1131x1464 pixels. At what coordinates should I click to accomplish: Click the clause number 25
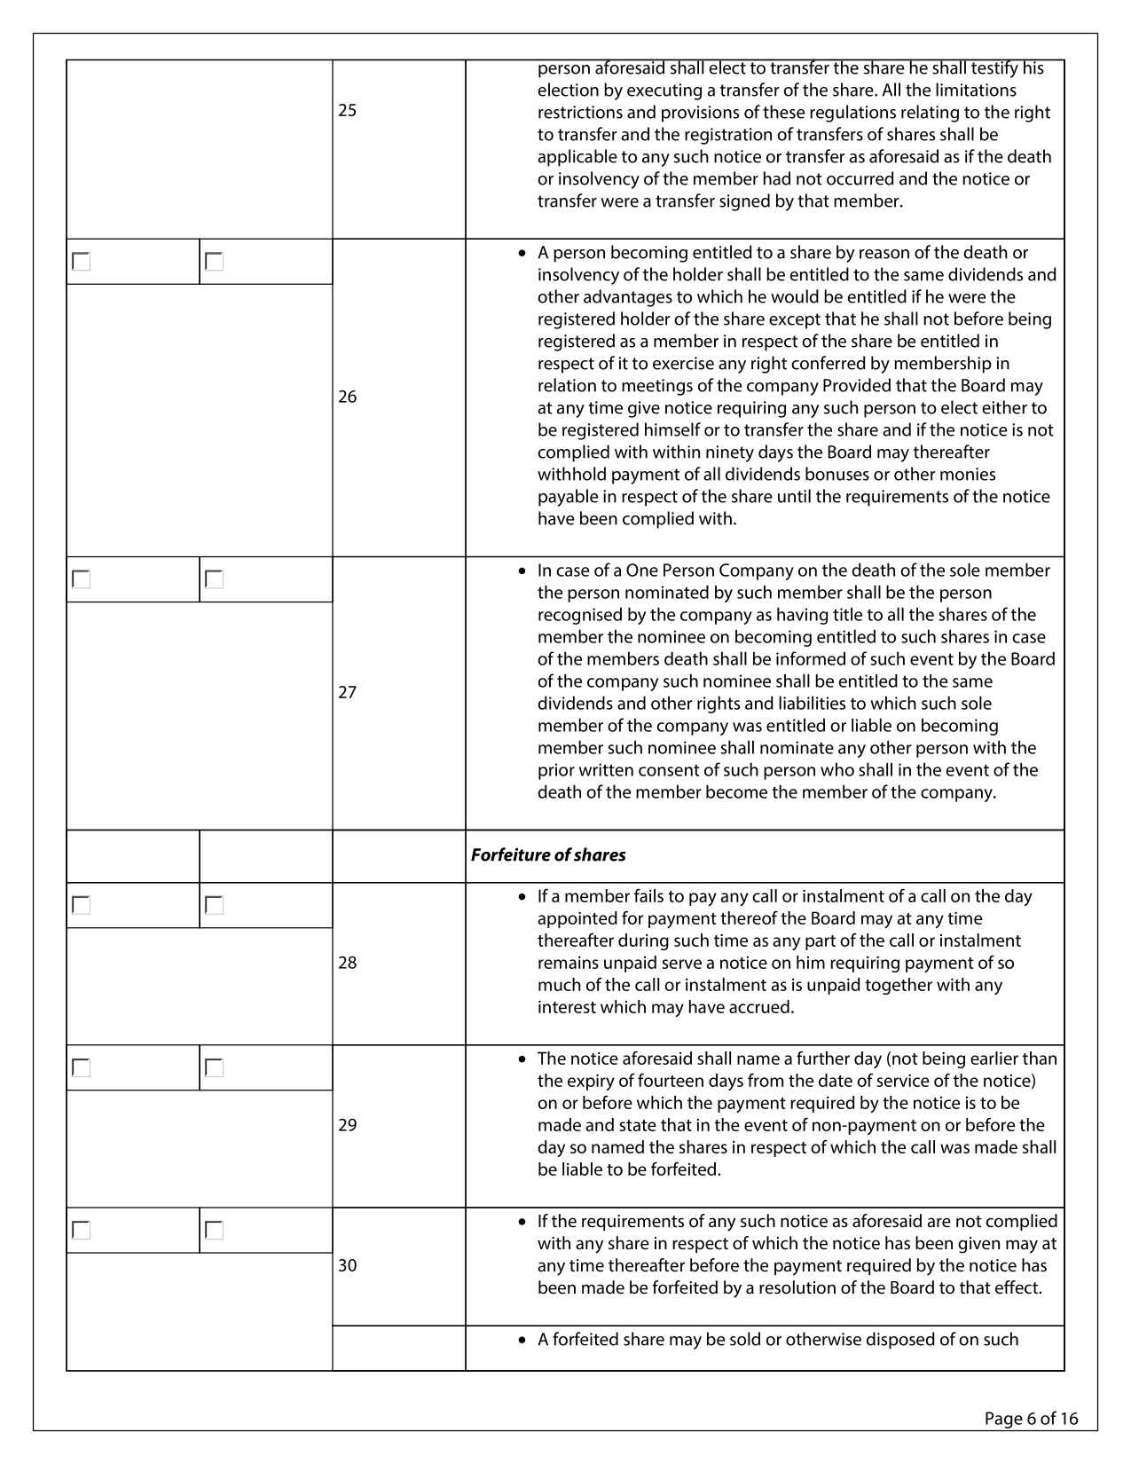[x=348, y=111]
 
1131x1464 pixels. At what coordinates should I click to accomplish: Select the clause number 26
[x=348, y=397]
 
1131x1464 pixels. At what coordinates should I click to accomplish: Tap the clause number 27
[x=348, y=692]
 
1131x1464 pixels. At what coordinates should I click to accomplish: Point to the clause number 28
[x=348, y=963]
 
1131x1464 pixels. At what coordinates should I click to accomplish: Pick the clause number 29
[x=348, y=1125]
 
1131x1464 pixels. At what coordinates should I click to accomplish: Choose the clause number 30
[x=348, y=1265]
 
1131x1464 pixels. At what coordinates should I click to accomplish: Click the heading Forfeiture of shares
[x=548, y=855]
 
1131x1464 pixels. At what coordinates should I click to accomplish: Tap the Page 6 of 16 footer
[x=1031, y=1419]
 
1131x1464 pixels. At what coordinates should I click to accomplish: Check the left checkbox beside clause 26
[x=82, y=262]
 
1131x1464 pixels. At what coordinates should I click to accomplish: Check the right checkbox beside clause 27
[x=214, y=579]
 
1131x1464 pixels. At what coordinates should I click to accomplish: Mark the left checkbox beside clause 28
[x=82, y=905]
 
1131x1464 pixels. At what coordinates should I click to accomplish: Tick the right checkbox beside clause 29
[x=214, y=1067]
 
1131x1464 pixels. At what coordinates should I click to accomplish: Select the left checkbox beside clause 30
[x=82, y=1230]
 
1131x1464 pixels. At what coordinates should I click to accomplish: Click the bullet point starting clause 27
[x=522, y=571]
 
